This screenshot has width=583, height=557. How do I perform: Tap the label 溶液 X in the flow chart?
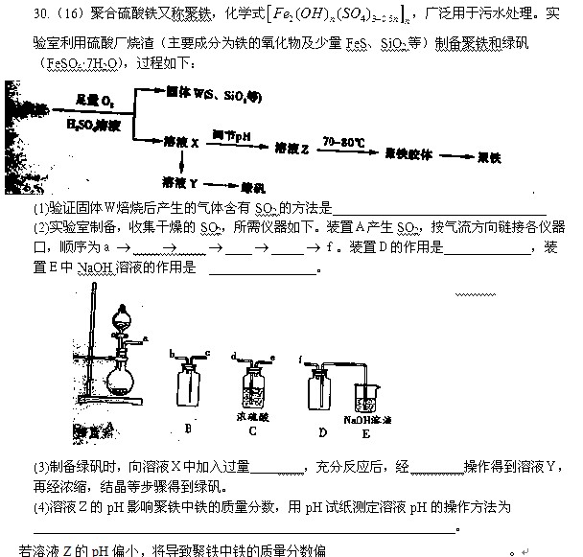[181, 143]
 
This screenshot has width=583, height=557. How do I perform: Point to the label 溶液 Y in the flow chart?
[180, 181]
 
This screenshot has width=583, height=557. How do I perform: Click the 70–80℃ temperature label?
[343, 141]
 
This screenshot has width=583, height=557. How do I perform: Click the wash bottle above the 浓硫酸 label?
[256, 385]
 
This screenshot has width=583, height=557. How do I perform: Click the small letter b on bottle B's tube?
[171, 355]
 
